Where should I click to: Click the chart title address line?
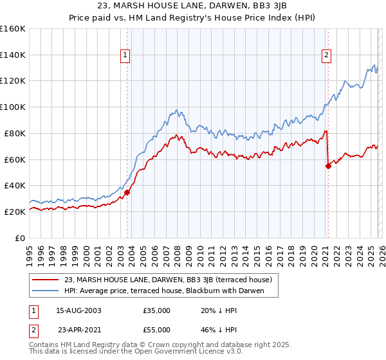[x=192, y=7]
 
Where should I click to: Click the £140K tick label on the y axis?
[x=13, y=55]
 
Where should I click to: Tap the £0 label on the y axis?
[x=21, y=238]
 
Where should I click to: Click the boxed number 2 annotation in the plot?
[x=327, y=56]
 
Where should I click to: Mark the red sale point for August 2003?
[x=127, y=192]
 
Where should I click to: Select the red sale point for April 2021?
[x=328, y=166]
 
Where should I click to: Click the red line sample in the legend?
[x=46, y=280]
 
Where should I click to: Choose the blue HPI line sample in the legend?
[x=46, y=291]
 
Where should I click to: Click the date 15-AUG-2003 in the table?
[x=78, y=310]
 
